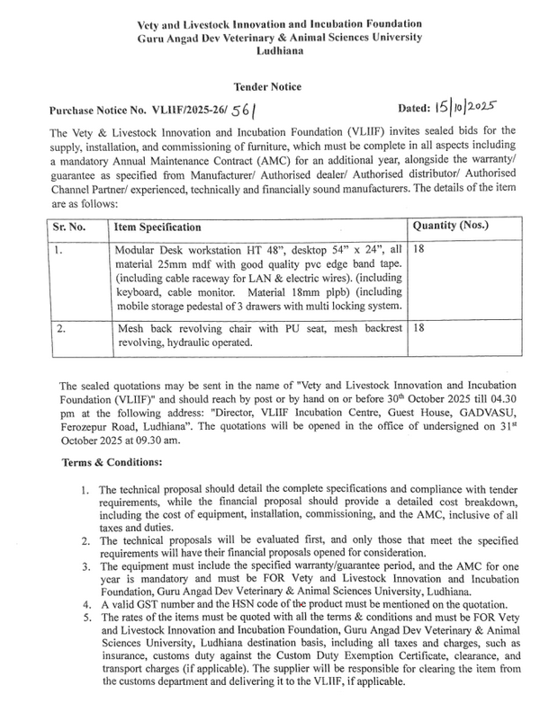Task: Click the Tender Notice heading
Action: pos(267,86)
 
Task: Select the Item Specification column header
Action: pos(158,227)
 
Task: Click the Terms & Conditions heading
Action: pos(112,463)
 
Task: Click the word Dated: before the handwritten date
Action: pos(412,110)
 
